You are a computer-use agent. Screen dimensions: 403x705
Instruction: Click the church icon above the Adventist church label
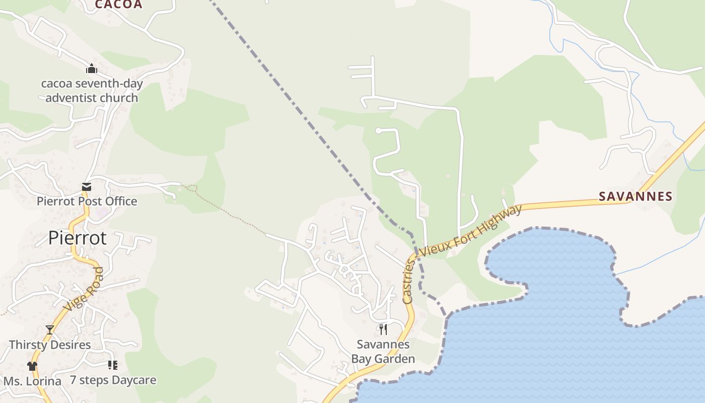[x=91, y=69]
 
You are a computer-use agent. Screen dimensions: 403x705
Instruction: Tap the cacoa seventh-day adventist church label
[x=92, y=91]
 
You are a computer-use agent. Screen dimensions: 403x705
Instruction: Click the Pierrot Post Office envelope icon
[x=87, y=187]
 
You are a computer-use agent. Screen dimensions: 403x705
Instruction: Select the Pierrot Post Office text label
[x=87, y=201]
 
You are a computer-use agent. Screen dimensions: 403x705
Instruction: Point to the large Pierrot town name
[x=78, y=238]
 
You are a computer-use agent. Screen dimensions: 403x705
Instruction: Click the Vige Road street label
[x=84, y=289]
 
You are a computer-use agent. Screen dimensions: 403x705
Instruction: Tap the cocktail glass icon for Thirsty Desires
[x=50, y=330]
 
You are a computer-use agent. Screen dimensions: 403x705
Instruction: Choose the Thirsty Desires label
[x=50, y=345]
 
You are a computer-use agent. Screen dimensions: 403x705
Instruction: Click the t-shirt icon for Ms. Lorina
[x=32, y=366]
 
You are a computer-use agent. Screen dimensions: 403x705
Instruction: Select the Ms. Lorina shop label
[x=32, y=381]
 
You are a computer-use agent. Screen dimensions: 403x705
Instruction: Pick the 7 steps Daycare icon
[x=112, y=365]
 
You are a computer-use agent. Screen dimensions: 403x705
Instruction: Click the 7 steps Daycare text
[x=113, y=380]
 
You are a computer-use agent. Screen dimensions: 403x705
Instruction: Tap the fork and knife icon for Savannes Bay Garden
[x=383, y=329]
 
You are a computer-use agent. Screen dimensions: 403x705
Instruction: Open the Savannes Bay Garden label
[x=383, y=352]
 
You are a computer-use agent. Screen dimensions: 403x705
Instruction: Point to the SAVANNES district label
[x=636, y=196]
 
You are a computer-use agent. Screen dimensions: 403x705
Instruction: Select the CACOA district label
[x=118, y=5]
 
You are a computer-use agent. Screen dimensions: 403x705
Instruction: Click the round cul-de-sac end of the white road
[x=378, y=131]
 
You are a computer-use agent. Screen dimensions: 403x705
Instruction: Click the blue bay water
[x=554, y=327]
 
